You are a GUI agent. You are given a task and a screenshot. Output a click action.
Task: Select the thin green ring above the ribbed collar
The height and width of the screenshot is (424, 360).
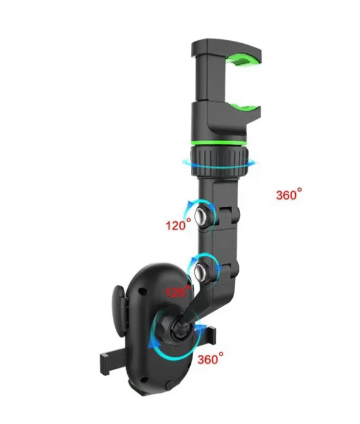point(219,143)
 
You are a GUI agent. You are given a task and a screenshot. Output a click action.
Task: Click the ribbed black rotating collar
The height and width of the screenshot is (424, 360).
point(219,161)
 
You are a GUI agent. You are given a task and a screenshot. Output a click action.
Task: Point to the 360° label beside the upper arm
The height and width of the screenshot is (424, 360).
point(289,194)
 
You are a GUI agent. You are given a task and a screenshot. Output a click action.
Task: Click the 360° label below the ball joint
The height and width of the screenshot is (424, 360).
point(211,359)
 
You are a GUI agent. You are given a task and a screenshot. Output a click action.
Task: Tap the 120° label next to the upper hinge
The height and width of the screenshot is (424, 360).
point(178,225)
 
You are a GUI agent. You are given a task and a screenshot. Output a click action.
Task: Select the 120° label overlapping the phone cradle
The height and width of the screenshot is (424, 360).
point(178,291)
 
